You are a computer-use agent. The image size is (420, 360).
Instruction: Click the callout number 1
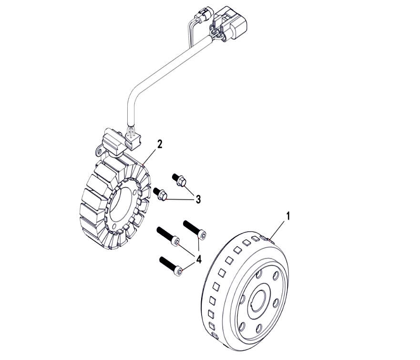(x=288, y=216)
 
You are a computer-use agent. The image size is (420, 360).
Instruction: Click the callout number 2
(x=160, y=144)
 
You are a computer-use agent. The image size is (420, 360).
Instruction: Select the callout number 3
(x=198, y=199)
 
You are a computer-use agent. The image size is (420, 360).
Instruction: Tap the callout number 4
(x=198, y=259)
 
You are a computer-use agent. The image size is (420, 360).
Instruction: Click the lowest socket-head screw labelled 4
(x=172, y=266)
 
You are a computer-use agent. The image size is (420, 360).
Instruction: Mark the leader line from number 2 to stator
(x=151, y=155)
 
